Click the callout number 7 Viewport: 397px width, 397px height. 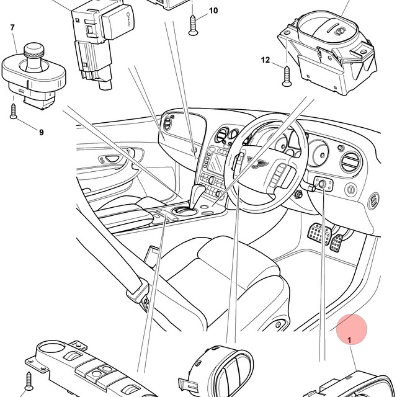[x=12, y=27]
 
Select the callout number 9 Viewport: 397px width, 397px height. [x=42, y=132]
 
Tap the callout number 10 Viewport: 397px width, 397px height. [x=213, y=11]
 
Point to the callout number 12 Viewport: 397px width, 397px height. [x=265, y=60]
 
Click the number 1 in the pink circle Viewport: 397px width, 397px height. [x=349, y=341]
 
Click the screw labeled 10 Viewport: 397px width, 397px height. [x=193, y=25]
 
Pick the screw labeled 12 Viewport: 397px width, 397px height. [x=287, y=76]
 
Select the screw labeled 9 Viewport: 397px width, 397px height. [x=14, y=112]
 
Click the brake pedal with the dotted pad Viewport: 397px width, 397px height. [x=319, y=234]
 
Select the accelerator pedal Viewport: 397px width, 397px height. [x=336, y=243]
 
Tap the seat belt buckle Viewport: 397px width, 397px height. [x=138, y=290]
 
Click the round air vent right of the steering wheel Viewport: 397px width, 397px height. [x=352, y=161]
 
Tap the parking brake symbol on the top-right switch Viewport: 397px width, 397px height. [x=339, y=32]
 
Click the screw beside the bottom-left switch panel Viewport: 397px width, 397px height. [x=29, y=381]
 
